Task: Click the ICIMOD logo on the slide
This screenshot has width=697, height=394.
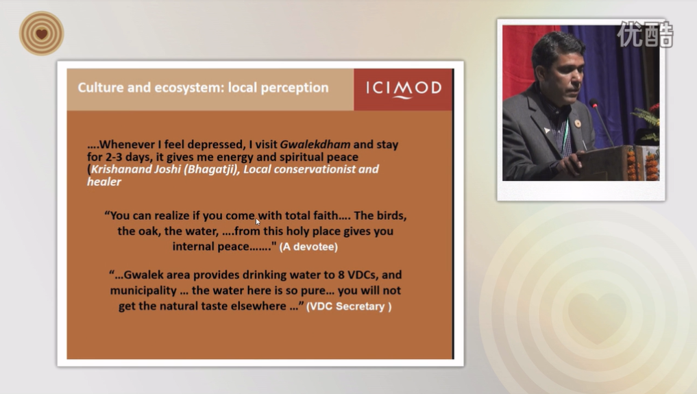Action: pyautogui.click(x=404, y=88)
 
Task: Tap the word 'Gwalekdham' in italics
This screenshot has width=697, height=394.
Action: pyautogui.click(x=315, y=145)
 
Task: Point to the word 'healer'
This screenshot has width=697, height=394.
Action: pyautogui.click(x=104, y=182)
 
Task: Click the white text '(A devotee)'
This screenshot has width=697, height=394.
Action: pyautogui.click(x=308, y=247)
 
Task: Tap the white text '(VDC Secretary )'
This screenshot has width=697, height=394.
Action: pyautogui.click(x=349, y=306)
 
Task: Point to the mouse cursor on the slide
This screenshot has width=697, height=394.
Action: pyautogui.click(x=258, y=221)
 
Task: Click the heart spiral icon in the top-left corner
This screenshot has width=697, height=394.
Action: pyautogui.click(x=42, y=34)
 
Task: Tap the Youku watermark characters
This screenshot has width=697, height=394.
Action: pyautogui.click(x=645, y=34)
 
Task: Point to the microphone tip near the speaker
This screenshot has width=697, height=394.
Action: pyautogui.click(x=593, y=103)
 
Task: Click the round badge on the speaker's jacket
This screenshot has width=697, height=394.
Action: pyautogui.click(x=578, y=123)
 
